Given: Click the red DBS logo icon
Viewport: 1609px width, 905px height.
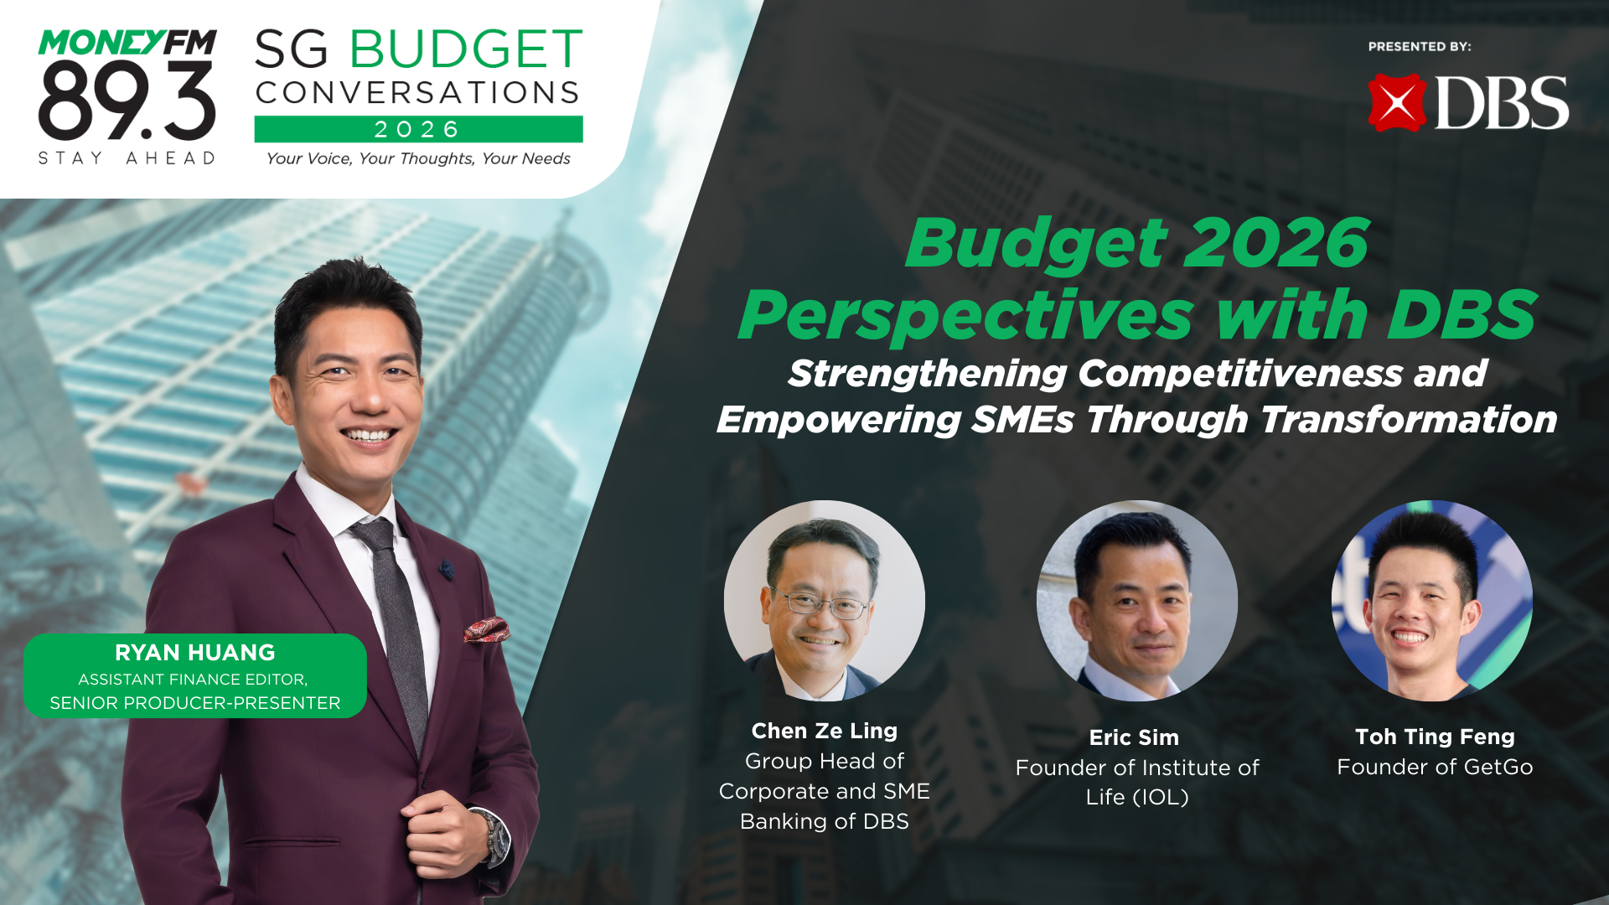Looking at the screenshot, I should click(x=1397, y=103).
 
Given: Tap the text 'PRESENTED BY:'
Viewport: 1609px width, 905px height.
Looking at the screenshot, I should click(x=1420, y=47).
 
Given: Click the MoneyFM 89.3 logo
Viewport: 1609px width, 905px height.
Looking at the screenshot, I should click(x=127, y=92).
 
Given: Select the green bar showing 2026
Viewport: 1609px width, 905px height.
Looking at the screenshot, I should click(x=418, y=129).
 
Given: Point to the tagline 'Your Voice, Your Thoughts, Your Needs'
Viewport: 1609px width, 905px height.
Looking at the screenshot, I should click(x=418, y=158).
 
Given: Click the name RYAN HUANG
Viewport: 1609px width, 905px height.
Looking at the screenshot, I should click(x=194, y=652).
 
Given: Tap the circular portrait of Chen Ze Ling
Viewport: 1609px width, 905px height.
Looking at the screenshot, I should click(x=825, y=600).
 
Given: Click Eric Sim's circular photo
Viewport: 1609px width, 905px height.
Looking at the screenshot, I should click(x=1136, y=600).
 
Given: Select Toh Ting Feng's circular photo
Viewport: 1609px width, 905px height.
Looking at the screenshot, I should click(x=1431, y=600).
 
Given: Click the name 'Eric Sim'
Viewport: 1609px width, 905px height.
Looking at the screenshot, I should click(x=1134, y=737).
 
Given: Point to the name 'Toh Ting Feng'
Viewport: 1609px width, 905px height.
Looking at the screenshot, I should click(x=1435, y=737).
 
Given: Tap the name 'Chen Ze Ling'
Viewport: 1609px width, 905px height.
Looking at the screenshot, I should click(x=825, y=731).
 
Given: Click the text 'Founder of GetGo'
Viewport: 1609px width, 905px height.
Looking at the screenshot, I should click(x=1435, y=767).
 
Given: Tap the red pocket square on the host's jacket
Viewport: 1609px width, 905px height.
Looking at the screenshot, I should click(x=486, y=628).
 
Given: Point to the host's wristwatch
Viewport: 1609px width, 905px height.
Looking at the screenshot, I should click(x=494, y=834).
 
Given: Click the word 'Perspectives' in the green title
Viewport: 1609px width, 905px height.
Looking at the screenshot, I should click(x=965, y=315).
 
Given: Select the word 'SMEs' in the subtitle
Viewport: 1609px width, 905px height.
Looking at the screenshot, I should click(x=1022, y=420).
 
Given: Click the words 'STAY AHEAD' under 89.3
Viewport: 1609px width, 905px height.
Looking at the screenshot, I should click(x=127, y=158).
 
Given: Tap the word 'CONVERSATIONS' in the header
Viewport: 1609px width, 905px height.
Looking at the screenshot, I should click(x=418, y=92).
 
